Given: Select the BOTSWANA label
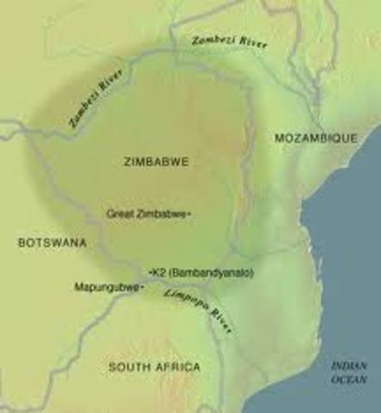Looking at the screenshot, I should pos(52,243).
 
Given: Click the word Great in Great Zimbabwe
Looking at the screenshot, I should pos(120,213).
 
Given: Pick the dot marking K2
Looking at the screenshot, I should pos(151,272).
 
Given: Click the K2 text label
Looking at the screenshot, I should pos(159,272).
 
